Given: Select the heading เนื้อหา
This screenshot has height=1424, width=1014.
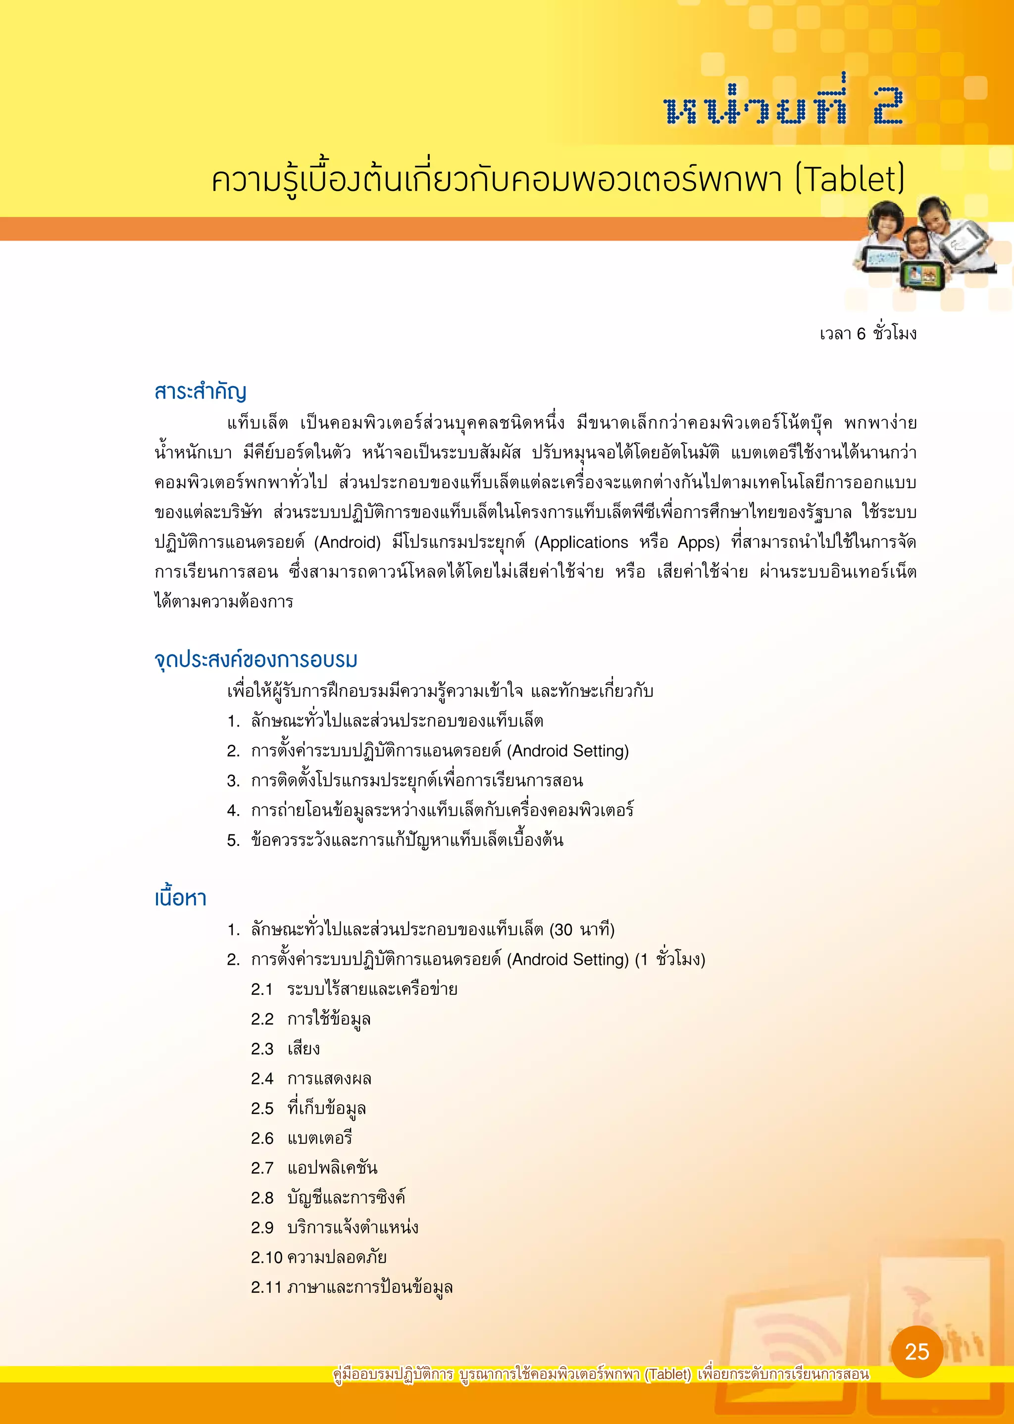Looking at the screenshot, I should point(180,897).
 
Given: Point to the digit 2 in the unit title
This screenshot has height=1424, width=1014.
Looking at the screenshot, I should point(888,106).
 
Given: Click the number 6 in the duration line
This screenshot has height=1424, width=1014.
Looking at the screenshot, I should point(861,334).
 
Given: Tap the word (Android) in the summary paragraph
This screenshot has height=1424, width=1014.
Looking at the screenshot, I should point(347,542).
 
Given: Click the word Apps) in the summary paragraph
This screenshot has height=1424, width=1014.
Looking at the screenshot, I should point(698,542).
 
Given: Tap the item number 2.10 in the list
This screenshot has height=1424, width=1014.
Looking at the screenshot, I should point(266,1257).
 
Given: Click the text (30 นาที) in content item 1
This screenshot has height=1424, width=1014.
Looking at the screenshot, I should point(582,930).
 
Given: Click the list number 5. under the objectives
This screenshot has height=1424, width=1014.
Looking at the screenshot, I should point(234,840).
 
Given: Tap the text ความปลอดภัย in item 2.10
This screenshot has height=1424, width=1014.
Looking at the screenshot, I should point(337,1257).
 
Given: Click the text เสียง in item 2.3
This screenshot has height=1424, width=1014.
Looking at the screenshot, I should point(304,1049).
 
